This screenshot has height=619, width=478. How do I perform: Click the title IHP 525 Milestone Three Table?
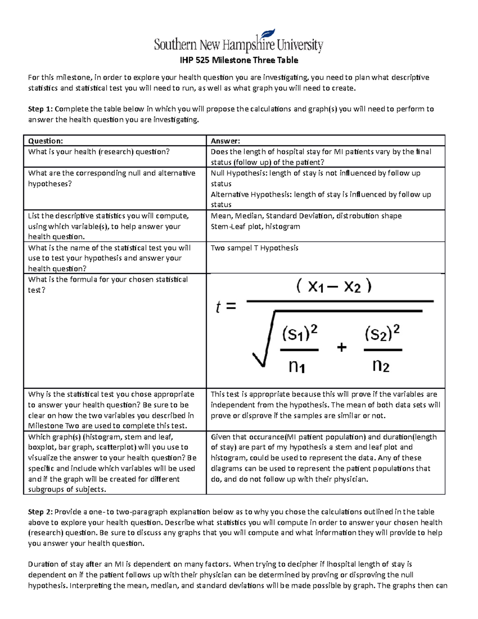tap(239, 60)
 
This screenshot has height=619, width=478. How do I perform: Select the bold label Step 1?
tap(40, 109)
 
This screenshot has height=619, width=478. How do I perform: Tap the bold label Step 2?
tap(40, 512)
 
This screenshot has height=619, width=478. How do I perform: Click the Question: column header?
tap(45, 141)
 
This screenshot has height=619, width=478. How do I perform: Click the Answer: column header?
tap(225, 141)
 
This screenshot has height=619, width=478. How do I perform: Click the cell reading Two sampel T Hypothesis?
tap(254, 248)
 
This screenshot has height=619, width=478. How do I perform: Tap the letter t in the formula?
tap(218, 307)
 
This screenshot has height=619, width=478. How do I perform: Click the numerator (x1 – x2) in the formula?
tap(334, 287)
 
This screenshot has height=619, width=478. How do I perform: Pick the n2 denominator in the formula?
tap(381, 365)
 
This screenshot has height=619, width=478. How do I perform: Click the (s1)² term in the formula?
tap(300, 334)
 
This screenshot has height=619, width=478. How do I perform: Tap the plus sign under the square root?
tap(341, 348)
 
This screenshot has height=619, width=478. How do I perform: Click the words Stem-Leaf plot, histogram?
tap(255, 226)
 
